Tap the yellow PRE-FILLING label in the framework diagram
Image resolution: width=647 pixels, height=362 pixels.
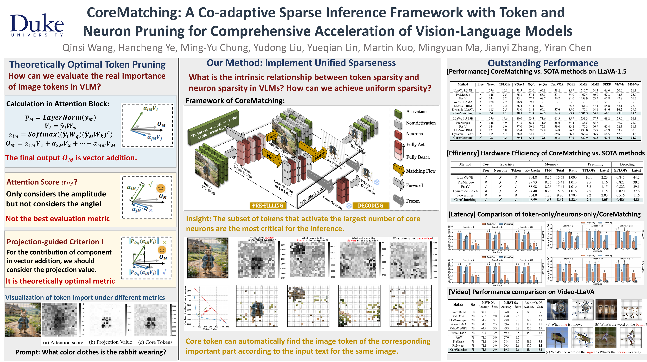268,206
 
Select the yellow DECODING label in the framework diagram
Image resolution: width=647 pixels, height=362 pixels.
370,206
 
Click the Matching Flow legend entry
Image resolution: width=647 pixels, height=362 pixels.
420,171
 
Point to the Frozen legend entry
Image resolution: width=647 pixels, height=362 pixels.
413,201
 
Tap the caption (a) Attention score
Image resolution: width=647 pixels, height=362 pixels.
63,343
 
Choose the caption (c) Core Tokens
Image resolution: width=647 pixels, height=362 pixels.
155,342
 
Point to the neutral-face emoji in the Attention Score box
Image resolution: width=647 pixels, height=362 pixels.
161,188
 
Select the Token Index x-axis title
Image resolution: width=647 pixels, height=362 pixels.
210,329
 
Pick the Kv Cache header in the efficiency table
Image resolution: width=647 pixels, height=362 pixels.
533,170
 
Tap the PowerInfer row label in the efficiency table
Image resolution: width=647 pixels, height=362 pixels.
465,195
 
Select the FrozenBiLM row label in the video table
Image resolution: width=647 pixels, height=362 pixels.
458,312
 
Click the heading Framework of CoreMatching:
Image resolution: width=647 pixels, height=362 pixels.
235,101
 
